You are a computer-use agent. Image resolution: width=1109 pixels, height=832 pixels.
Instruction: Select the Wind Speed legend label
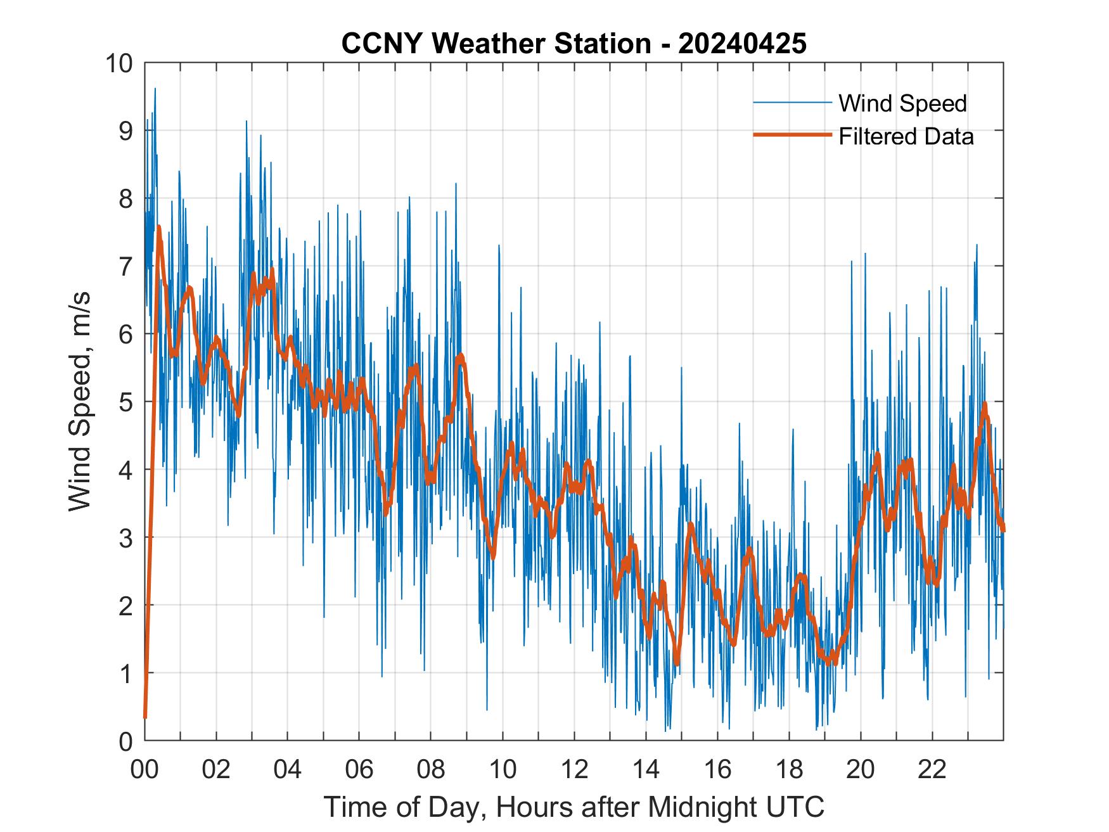[902, 103]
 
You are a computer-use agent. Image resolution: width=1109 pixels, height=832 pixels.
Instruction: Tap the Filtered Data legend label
[906, 136]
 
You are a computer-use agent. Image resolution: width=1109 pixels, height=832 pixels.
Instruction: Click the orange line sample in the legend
[792, 136]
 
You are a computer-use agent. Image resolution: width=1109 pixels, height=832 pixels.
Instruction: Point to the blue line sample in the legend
[792, 103]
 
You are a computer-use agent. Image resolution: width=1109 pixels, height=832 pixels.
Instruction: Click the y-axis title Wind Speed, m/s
[80, 401]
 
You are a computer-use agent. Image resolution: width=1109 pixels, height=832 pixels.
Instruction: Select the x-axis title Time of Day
[574, 807]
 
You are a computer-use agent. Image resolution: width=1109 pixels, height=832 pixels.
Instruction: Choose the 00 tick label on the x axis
[144, 770]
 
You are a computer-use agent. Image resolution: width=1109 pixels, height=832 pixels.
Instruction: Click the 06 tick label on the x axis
[359, 770]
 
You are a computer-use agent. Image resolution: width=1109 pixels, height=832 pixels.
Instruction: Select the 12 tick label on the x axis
[574, 770]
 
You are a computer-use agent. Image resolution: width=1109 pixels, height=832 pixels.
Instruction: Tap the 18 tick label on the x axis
[789, 770]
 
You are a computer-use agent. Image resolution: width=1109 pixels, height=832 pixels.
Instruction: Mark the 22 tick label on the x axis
[932, 770]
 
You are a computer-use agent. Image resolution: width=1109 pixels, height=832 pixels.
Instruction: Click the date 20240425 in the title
[742, 44]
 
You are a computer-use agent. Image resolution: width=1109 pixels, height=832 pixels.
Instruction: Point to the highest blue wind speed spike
[155, 89]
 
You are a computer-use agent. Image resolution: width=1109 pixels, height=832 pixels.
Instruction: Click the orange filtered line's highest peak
[158, 226]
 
